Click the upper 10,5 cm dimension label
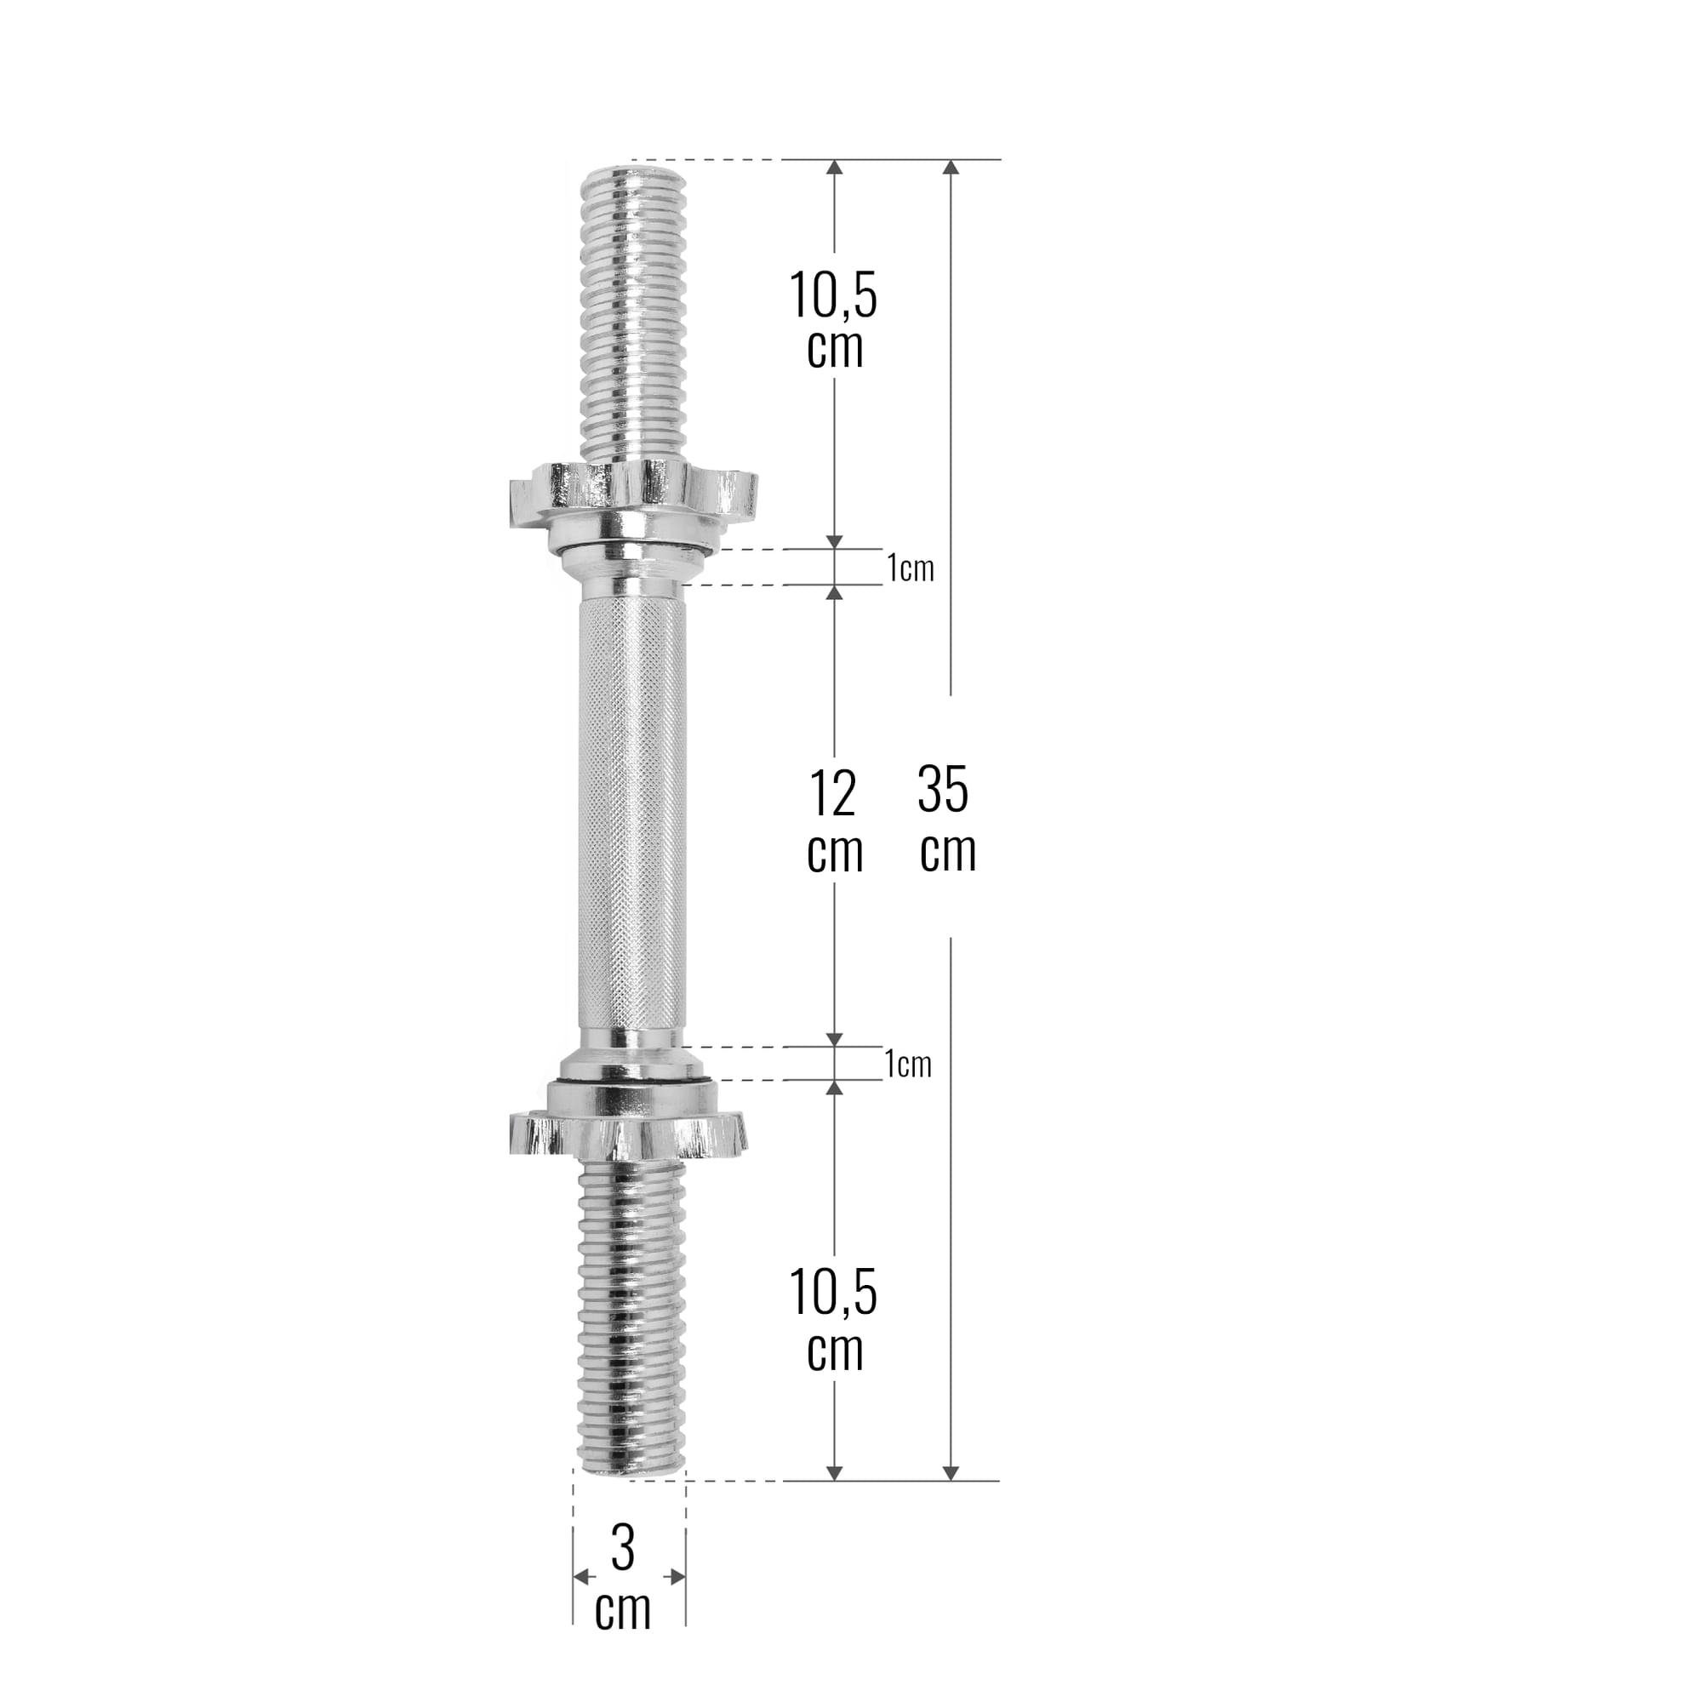point(833,319)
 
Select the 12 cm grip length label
point(833,821)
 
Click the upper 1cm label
point(910,568)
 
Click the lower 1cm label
point(908,1065)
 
